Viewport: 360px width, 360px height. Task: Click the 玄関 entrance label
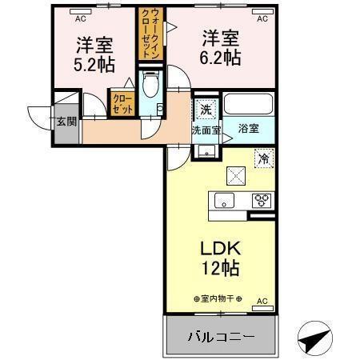click(66, 122)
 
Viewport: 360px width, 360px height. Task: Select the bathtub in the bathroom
click(249, 105)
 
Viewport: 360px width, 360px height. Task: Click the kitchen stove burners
click(261, 201)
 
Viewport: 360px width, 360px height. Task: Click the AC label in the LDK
click(261, 302)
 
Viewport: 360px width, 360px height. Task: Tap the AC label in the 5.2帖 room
click(80, 14)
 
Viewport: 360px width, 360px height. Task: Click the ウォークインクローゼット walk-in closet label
click(151, 36)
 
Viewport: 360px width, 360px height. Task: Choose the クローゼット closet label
click(122, 105)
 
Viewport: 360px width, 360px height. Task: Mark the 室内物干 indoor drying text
click(218, 299)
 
